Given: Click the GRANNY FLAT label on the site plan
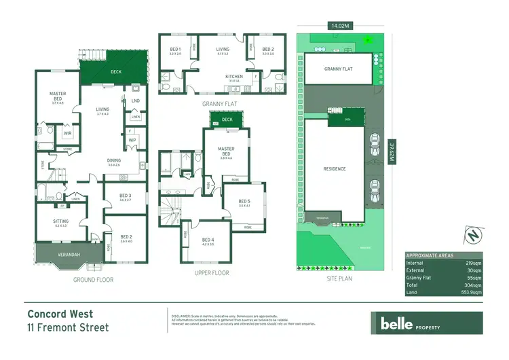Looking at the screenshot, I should pos(338,69).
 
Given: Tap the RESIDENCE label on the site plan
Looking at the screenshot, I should pos(335,168).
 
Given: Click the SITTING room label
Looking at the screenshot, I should pos(60,221).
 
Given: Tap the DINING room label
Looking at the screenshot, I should pos(113,161).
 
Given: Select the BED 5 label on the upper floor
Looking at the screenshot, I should pos(244,201).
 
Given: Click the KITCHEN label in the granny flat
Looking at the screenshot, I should pos(233,77).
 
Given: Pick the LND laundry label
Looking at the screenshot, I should pos(135,101).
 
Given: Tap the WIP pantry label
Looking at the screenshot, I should pos(133,141).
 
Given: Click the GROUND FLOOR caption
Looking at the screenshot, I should pos(94,279).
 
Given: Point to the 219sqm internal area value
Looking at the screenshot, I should pos(474,262).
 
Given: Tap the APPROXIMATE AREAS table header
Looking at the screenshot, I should pos(430,254).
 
